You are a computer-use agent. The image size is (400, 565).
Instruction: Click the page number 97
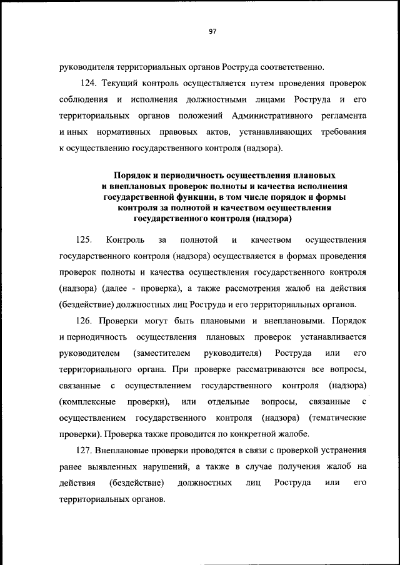pos(212,32)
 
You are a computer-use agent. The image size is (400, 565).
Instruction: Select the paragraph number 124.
pos(91,83)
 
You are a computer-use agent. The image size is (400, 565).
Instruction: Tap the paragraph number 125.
pos(84,240)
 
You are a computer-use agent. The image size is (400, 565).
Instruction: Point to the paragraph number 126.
pos(91,321)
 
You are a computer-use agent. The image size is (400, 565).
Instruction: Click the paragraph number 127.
pos(91,451)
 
